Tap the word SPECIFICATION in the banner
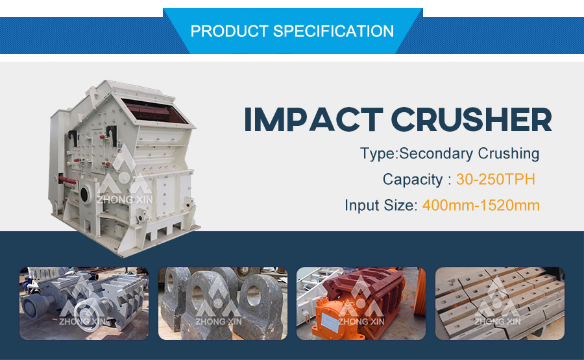334,31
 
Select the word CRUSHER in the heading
471,119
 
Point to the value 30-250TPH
496,180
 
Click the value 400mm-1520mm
481,205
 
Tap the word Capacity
412,180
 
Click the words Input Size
381,206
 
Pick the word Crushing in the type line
508,154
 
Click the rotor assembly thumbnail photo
84,304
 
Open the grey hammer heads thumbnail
223,304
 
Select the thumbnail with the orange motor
361,304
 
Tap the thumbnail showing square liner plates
500,304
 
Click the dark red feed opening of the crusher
154,111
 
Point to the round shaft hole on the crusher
85,195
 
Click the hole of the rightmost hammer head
254,296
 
